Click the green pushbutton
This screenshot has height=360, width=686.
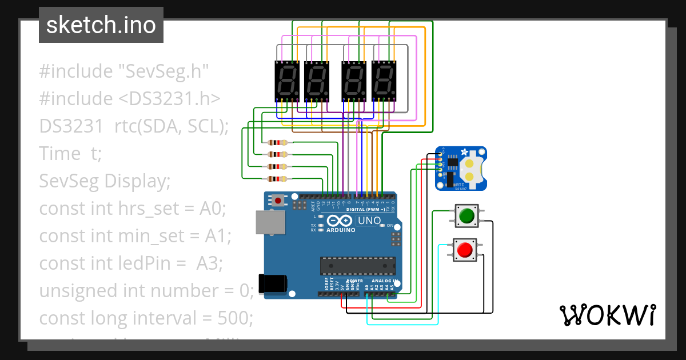pos(466,215)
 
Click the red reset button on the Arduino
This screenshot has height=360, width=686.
pos(279,201)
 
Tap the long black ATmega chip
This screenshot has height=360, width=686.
pos(357,266)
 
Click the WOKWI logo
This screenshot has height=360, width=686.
pos(607,315)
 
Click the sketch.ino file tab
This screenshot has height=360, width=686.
pos(101,25)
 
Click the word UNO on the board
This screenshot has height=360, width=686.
pos(369,221)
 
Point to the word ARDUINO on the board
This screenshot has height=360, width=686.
pos(341,230)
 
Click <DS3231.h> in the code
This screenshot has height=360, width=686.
pos(169,99)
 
